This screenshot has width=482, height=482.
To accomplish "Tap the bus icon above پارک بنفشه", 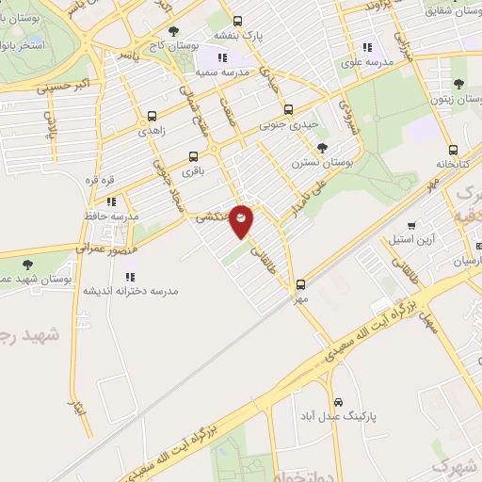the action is pyautogui.click(x=236, y=21).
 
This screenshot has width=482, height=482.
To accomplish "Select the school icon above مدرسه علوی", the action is pyautogui.click(x=367, y=47).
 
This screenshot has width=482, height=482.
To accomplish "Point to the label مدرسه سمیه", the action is pyautogui.click(x=221, y=72).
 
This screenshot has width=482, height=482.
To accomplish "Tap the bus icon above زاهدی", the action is pyautogui.click(x=152, y=117).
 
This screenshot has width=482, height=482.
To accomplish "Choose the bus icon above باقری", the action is pyautogui.click(x=194, y=156).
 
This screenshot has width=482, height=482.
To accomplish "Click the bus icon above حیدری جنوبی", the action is pyautogui.click(x=288, y=108).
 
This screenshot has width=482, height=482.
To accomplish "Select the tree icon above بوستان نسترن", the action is pyautogui.click(x=323, y=147).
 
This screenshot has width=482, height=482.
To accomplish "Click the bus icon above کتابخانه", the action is pyautogui.click(x=453, y=149).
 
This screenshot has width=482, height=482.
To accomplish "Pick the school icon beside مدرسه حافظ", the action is pyautogui.click(x=111, y=201).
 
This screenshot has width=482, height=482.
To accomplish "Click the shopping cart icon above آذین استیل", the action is pyautogui.click(x=411, y=225).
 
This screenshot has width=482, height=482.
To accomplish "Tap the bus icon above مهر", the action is pyautogui.click(x=300, y=283).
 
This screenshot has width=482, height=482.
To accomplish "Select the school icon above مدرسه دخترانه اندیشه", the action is pyautogui.click(x=130, y=277).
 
